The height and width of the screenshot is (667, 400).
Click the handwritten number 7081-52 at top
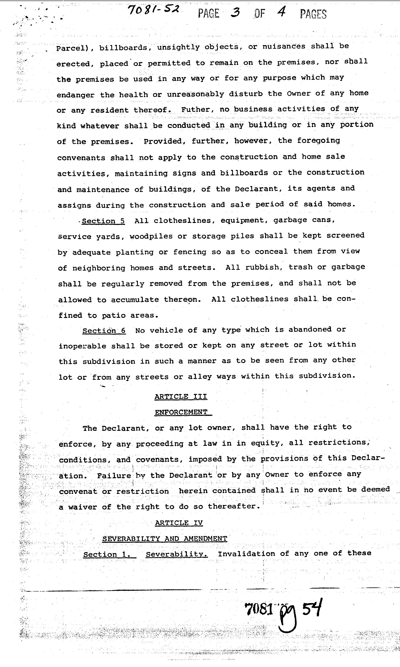[x=153, y=11]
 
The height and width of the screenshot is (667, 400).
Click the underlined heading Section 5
[x=103, y=221]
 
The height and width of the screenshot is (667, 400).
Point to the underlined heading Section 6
[x=104, y=331]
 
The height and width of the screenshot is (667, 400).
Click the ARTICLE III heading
[x=181, y=397]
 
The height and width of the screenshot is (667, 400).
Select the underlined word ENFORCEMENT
[x=181, y=412]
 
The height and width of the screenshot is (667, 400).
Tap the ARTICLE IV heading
[x=179, y=523]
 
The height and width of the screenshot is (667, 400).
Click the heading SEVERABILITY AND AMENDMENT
[x=165, y=539]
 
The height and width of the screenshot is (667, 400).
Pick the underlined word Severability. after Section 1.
[x=177, y=554]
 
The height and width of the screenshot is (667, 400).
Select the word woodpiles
[x=151, y=236]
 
